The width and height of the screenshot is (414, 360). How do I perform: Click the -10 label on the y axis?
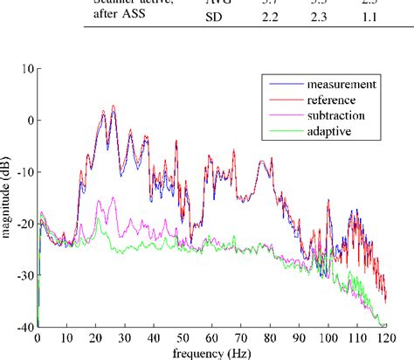[22, 171]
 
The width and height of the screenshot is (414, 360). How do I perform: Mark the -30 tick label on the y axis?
[22, 274]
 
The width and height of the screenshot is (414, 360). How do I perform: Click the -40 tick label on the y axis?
[22, 326]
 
